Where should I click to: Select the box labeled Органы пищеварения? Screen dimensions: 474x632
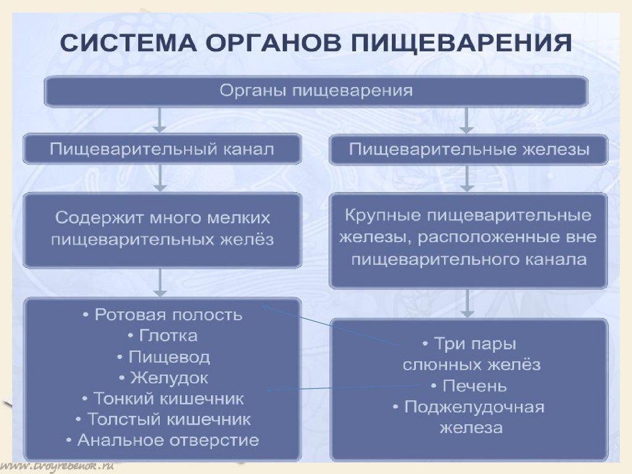tap(315, 91)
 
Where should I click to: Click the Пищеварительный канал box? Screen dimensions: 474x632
tap(162, 149)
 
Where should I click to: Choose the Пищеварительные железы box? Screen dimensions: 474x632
tap(468, 149)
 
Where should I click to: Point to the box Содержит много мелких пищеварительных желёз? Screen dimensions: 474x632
tap(162, 229)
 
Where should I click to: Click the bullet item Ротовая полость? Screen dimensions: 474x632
tap(162, 315)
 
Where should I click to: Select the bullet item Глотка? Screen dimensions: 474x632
tap(162, 336)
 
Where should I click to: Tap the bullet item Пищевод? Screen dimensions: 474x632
tap(162, 357)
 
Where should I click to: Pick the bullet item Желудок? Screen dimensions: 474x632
tap(162, 378)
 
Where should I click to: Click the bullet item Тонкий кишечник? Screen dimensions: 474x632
tap(162, 399)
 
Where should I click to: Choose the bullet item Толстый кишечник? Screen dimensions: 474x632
tap(162, 420)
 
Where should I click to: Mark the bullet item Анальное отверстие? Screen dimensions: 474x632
tap(162, 441)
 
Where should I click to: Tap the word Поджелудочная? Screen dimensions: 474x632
tap(474, 407)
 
